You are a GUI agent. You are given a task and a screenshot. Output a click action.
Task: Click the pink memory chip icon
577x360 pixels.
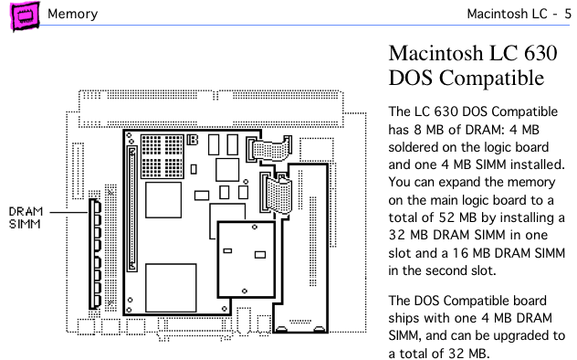(25, 16)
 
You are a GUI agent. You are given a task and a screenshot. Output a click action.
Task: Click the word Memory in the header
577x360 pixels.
(72, 14)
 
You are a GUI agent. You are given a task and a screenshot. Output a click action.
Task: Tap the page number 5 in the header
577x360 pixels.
(568, 14)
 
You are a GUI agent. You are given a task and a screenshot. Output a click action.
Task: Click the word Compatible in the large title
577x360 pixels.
(491, 78)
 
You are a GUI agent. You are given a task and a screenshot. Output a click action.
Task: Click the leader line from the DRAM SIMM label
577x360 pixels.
(68, 212)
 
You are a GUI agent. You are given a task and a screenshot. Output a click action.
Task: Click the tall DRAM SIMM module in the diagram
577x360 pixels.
(95, 254)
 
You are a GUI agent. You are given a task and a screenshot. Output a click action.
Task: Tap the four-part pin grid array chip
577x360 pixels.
(163, 156)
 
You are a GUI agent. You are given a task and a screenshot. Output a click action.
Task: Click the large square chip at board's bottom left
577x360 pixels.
(171, 288)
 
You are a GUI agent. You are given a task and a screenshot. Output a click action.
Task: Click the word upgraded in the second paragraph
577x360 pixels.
(520, 336)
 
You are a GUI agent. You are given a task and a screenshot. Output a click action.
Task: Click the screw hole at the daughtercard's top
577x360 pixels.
(255, 228)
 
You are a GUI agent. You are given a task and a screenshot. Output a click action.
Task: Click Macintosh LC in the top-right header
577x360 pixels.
(507, 14)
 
